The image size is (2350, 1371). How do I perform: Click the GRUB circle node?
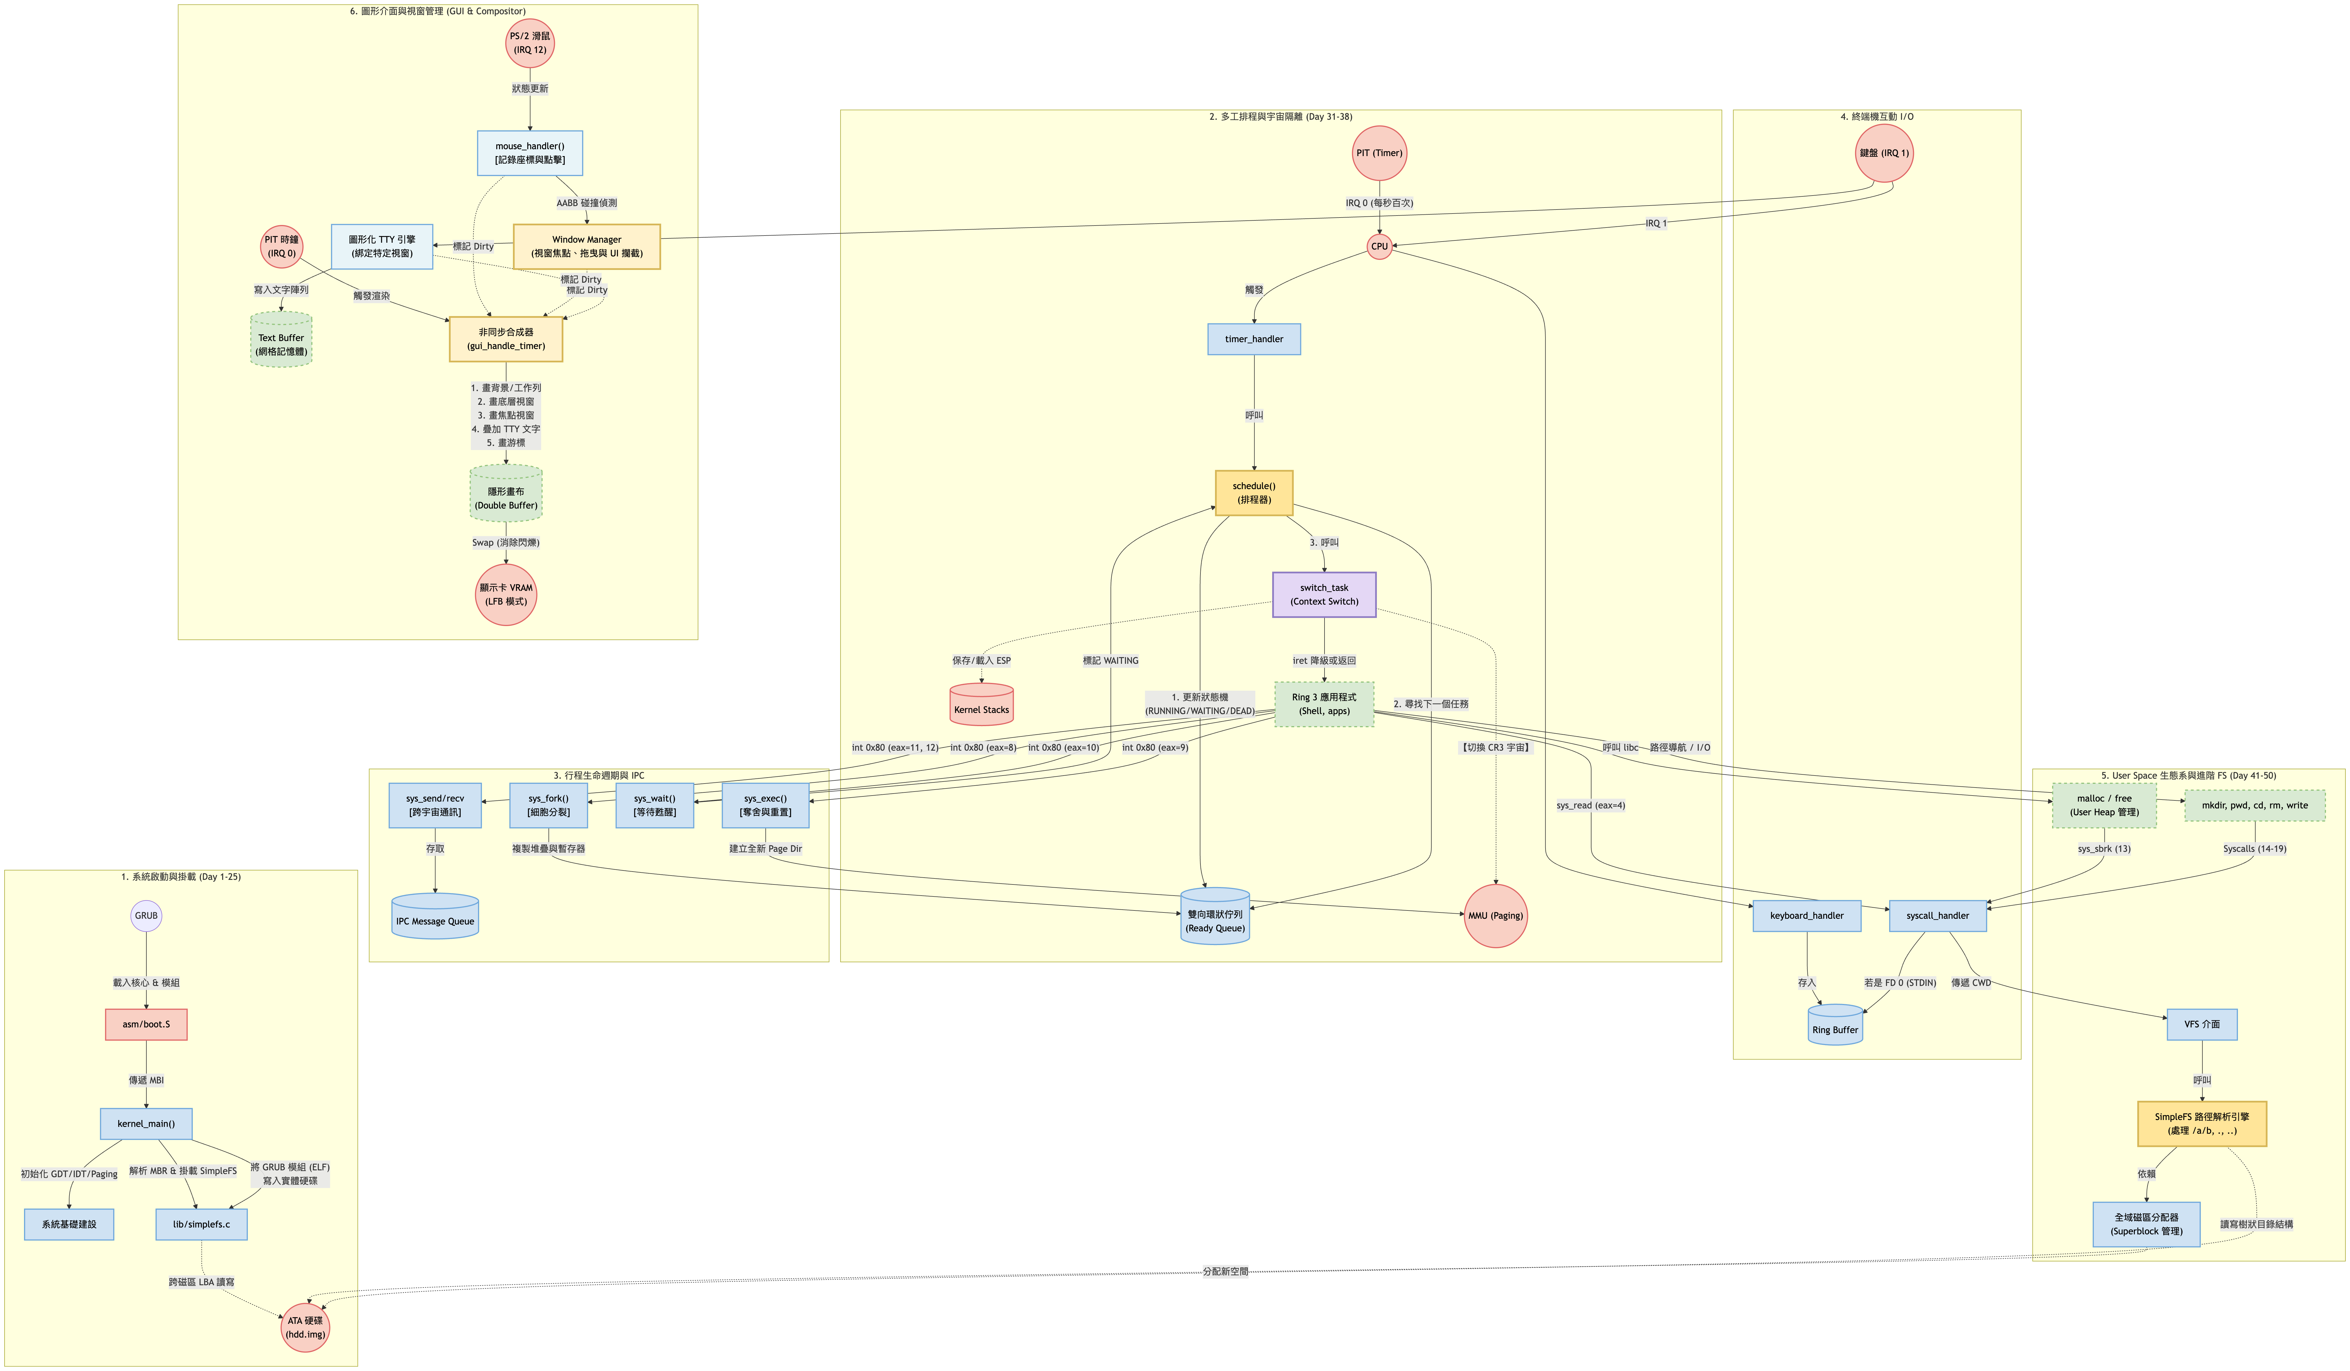tap(146, 916)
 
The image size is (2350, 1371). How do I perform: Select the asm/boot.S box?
tap(146, 1024)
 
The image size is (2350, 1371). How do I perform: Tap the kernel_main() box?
tap(146, 1124)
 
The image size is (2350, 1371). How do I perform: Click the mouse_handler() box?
tap(530, 153)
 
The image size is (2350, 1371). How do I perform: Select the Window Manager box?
tap(587, 246)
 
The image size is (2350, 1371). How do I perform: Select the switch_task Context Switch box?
tap(1324, 595)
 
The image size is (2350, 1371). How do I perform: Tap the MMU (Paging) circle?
tap(1496, 916)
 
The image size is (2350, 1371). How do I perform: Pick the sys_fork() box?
tap(548, 806)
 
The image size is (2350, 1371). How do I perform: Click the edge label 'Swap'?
tap(505, 543)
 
